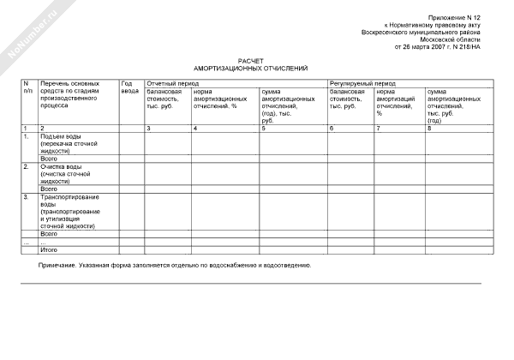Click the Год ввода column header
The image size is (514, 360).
coord(129,87)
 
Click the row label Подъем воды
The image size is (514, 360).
coord(59,136)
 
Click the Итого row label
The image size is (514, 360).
coord(49,249)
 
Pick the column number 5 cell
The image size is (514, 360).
coord(263,128)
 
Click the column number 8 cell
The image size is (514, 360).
coord(429,128)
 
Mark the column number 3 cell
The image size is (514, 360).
coord(148,128)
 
